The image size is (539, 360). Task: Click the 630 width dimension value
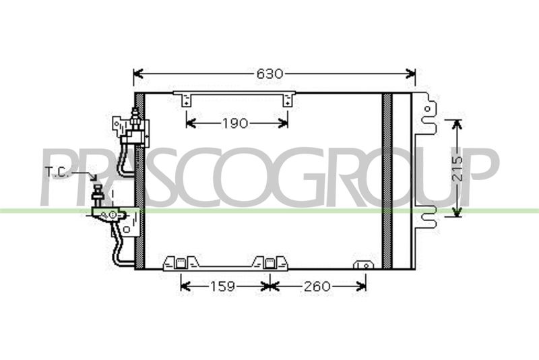270,74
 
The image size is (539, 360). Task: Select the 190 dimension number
235,123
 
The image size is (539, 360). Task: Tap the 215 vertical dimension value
457,169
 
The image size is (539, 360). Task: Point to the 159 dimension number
222,286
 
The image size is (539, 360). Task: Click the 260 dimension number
317,286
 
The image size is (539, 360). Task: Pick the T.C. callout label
57,172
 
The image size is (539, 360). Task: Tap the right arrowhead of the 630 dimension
410,73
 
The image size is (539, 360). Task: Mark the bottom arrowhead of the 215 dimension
457,212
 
